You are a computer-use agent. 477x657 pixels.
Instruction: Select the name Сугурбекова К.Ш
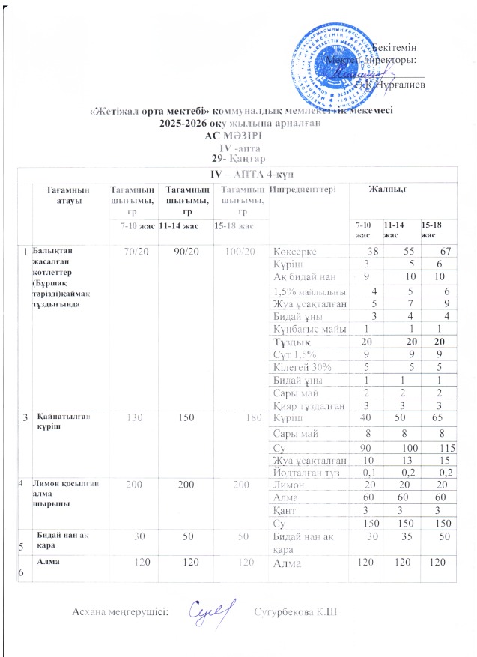click(x=297, y=614)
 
